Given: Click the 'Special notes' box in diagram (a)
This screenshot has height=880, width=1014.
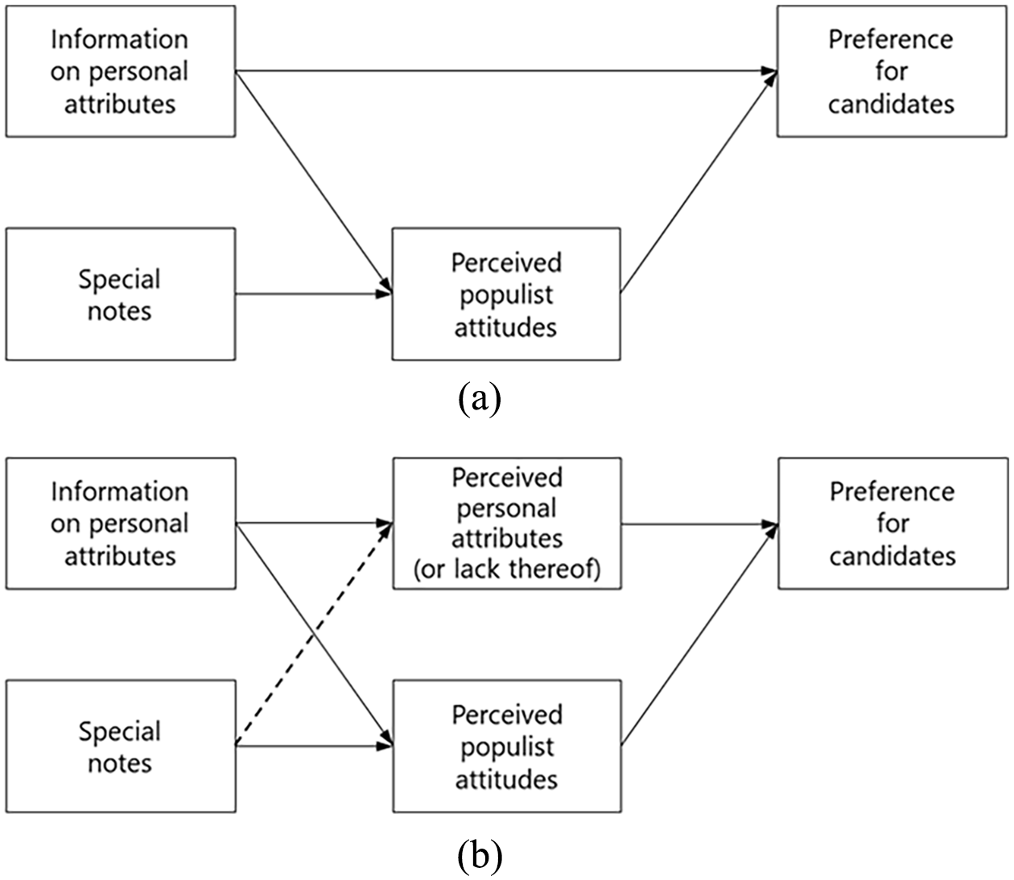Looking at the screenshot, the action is pyautogui.click(x=121, y=294).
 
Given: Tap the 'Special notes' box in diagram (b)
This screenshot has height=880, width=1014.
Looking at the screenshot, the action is pyautogui.click(x=121, y=746).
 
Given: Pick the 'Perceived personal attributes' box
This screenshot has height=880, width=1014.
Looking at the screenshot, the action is pyautogui.click(x=507, y=524).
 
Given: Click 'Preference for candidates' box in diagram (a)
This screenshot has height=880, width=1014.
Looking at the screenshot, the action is pyautogui.click(x=892, y=72).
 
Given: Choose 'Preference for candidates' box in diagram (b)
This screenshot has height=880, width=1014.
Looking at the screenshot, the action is pyautogui.click(x=893, y=524).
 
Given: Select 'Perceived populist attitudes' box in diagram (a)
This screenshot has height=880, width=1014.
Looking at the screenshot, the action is pyautogui.click(x=506, y=294).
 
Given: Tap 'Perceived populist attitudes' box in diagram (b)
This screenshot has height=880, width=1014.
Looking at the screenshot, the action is pyautogui.click(x=507, y=746).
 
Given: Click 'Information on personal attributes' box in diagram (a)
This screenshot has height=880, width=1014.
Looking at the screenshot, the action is pyautogui.click(x=121, y=72).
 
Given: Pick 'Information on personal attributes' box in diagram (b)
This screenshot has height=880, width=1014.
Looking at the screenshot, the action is pyautogui.click(x=121, y=524).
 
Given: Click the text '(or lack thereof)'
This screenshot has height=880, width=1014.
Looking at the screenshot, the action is pyautogui.click(x=507, y=569).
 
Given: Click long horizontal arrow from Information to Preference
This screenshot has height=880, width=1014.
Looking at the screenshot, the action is pyautogui.click(x=506, y=72).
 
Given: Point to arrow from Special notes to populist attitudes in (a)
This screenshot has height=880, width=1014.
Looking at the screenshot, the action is pyautogui.click(x=313, y=294).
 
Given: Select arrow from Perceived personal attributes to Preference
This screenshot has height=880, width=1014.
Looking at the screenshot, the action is pyautogui.click(x=700, y=524).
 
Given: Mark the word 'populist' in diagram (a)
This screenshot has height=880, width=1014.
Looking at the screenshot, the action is pyautogui.click(x=506, y=296).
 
